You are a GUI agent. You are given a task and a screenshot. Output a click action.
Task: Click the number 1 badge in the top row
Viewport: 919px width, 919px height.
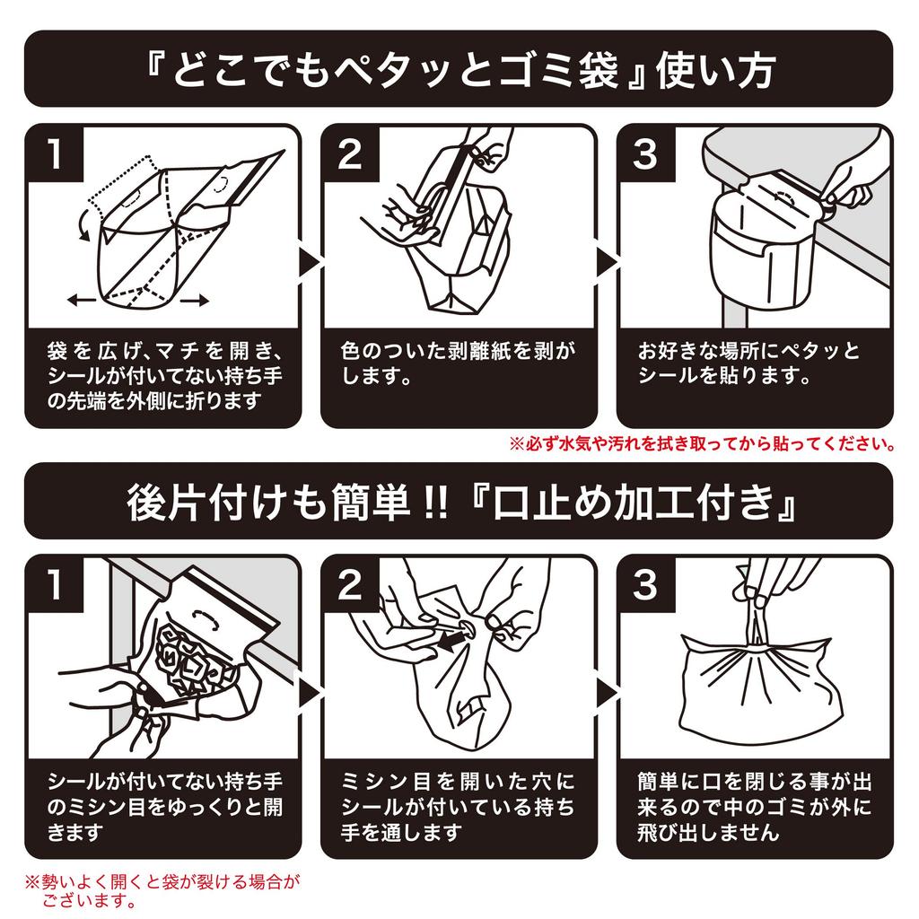click(x=56, y=154)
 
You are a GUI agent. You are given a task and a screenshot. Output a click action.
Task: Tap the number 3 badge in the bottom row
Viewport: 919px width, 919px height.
click(x=645, y=586)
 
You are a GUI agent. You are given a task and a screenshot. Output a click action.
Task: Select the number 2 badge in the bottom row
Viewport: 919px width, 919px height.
click(x=350, y=586)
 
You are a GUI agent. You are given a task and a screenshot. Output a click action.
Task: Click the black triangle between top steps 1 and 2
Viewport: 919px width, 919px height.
click(x=308, y=261)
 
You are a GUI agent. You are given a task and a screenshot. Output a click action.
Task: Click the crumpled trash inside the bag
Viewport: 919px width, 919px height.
click(x=193, y=660)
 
